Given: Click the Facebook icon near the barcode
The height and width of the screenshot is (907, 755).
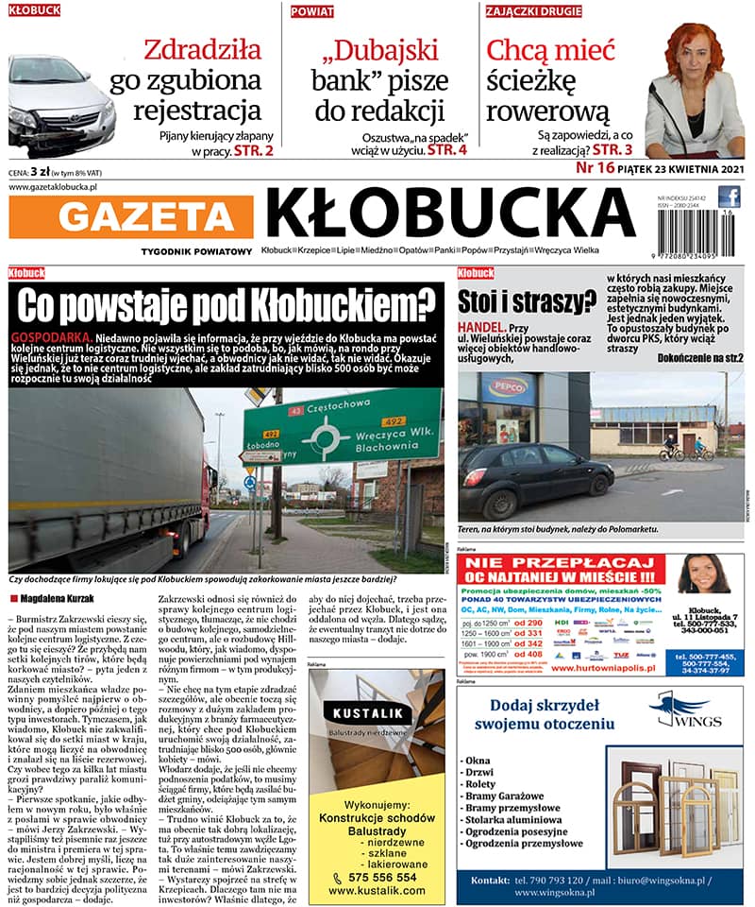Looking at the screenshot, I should [729, 197].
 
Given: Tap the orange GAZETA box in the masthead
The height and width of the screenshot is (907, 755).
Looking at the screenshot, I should [149, 218].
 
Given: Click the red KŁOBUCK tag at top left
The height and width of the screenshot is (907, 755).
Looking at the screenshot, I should [34, 10].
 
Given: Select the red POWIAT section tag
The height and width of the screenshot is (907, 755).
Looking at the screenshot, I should [312, 11].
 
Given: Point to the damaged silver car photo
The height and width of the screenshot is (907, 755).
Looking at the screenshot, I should [61, 104].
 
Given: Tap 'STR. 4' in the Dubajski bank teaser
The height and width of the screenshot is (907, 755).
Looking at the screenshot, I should [447, 149].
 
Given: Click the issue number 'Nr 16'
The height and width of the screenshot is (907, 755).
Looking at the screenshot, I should [595, 168].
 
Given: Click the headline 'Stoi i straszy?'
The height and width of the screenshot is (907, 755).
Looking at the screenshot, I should [527, 301].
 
